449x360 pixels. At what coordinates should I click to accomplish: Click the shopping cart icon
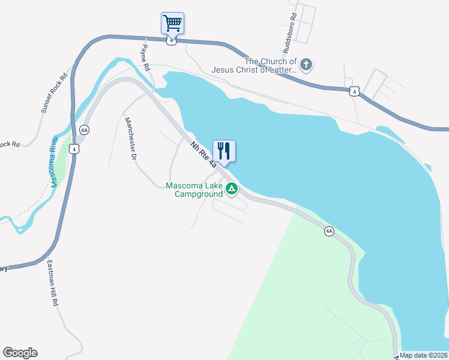pos(172,23)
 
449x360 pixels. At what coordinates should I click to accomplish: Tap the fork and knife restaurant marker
pos(224,151)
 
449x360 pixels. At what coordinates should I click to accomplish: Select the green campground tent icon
pos(232,190)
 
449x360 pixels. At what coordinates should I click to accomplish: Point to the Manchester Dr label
pos(130,137)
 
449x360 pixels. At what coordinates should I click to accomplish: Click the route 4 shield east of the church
pos(354,91)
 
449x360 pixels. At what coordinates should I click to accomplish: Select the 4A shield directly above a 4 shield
pos(84,130)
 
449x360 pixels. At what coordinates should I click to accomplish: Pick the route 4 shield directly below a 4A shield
pos(74,148)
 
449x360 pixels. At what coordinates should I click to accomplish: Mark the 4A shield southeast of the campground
pos(329,231)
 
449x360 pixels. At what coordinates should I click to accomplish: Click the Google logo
pos(20,353)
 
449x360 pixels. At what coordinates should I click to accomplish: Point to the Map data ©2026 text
pos(424,355)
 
